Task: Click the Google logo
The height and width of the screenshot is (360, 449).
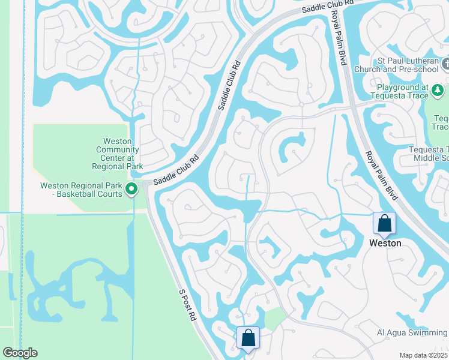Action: click(20, 353)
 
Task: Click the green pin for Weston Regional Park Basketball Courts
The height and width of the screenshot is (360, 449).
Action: click(132, 191)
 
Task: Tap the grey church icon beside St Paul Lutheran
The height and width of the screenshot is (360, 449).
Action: click(445, 64)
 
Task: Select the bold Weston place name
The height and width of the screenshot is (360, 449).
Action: click(385, 243)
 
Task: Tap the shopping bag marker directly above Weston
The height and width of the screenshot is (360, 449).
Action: click(384, 223)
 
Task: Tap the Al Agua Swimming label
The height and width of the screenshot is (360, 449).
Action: click(412, 333)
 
